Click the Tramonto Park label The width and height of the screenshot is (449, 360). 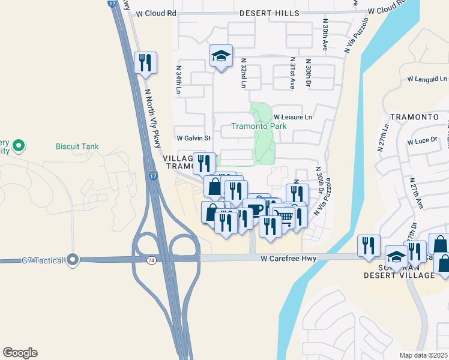click(259, 127)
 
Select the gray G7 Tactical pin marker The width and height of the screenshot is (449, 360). click(73, 260)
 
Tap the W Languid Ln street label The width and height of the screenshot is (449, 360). click(427, 79)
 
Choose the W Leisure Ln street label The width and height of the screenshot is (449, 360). click(294, 117)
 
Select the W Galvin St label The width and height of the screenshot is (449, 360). click(193, 138)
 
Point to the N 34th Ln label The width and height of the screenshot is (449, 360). click(178, 80)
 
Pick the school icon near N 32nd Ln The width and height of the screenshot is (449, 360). click(221, 57)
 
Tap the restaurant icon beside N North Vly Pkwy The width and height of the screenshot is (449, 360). click(145, 62)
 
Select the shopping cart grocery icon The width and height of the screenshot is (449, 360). click(283, 217)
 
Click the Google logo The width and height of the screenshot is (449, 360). click(20, 353)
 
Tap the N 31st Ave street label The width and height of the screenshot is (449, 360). click(292, 73)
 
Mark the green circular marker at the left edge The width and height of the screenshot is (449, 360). click(19, 145)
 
